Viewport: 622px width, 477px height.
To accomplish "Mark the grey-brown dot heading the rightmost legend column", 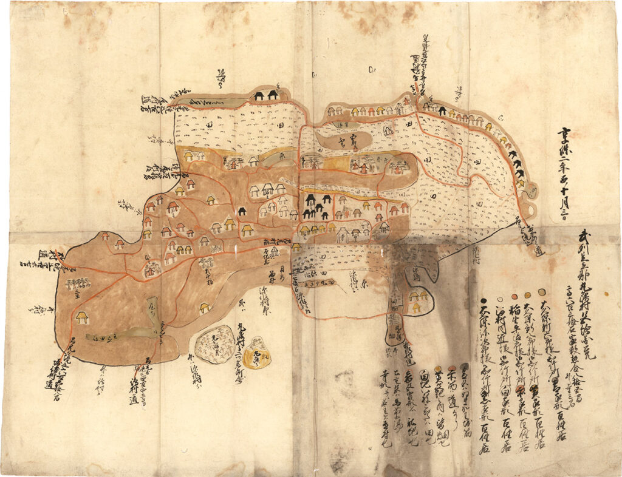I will click(x=541, y=292).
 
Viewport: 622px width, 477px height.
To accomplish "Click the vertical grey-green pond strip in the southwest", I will click(x=154, y=315).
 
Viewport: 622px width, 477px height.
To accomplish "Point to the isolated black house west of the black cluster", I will click(x=242, y=211).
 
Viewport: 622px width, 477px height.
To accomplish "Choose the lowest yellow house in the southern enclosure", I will click(x=417, y=308).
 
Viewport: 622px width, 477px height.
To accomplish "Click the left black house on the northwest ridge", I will click(x=259, y=95).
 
